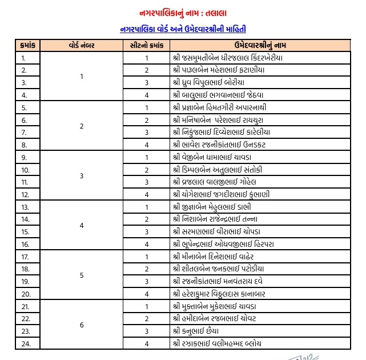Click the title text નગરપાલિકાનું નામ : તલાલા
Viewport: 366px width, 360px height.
pos(183,12)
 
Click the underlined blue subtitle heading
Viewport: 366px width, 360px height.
pos(183,28)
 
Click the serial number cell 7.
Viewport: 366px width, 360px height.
pos(24,133)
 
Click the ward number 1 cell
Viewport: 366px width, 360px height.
pos(81,77)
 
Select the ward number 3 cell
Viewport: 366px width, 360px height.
pos(81,176)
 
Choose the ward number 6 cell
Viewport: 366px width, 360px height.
pos(81,325)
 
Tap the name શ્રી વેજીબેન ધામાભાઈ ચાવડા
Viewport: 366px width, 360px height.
pos(218,157)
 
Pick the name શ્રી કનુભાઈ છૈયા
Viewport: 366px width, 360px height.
pos(197,331)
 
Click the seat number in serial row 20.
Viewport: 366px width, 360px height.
pos(147,294)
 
